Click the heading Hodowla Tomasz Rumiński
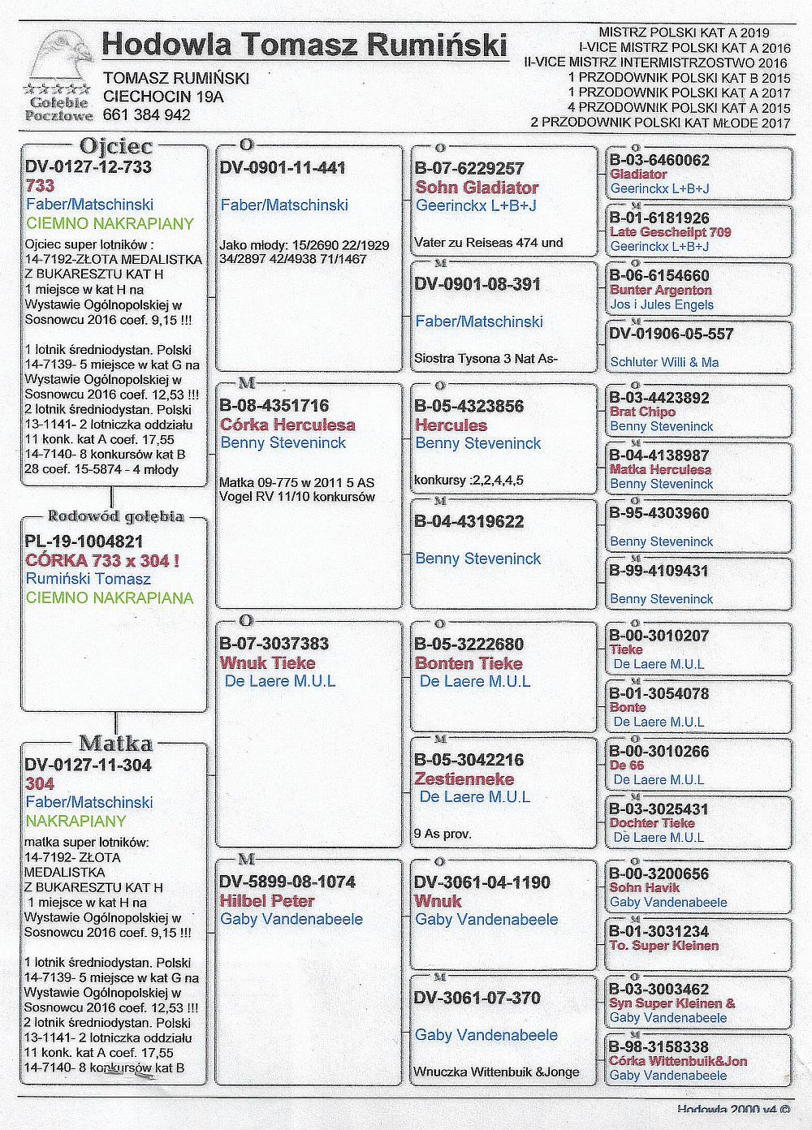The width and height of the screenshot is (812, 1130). pyautogui.click(x=304, y=44)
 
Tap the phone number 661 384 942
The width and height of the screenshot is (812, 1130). pyautogui.click(x=147, y=114)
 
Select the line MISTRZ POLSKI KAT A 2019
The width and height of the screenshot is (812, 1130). pyautogui.click(x=684, y=32)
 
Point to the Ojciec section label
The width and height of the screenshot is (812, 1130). pyautogui.click(x=115, y=146)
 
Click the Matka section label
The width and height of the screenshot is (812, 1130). pyautogui.click(x=115, y=743)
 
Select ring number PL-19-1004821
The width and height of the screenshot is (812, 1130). pyautogui.click(x=84, y=541)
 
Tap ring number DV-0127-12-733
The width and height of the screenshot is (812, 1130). pyautogui.click(x=89, y=166)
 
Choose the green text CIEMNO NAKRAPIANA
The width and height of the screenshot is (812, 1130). pyautogui.click(x=110, y=598)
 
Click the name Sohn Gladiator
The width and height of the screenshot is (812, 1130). pyautogui.click(x=477, y=188)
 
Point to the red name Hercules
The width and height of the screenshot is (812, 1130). pyautogui.click(x=451, y=425)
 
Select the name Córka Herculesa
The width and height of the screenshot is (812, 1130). pyautogui.click(x=287, y=425)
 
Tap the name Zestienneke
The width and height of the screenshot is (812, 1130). pyautogui.click(x=464, y=779)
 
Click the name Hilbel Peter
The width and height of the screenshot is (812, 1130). pyautogui.click(x=267, y=900)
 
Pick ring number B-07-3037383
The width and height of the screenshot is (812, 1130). pyautogui.click(x=274, y=644)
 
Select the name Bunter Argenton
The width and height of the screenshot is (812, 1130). pyautogui.click(x=660, y=290)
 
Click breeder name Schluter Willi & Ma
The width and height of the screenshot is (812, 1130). pyautogui.click(x=664, y=362)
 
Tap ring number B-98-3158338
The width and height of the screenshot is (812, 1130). pyautogui.click(x=659, y=1046)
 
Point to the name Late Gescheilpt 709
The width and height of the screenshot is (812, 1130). pyautogui.click(x=670, y=232)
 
